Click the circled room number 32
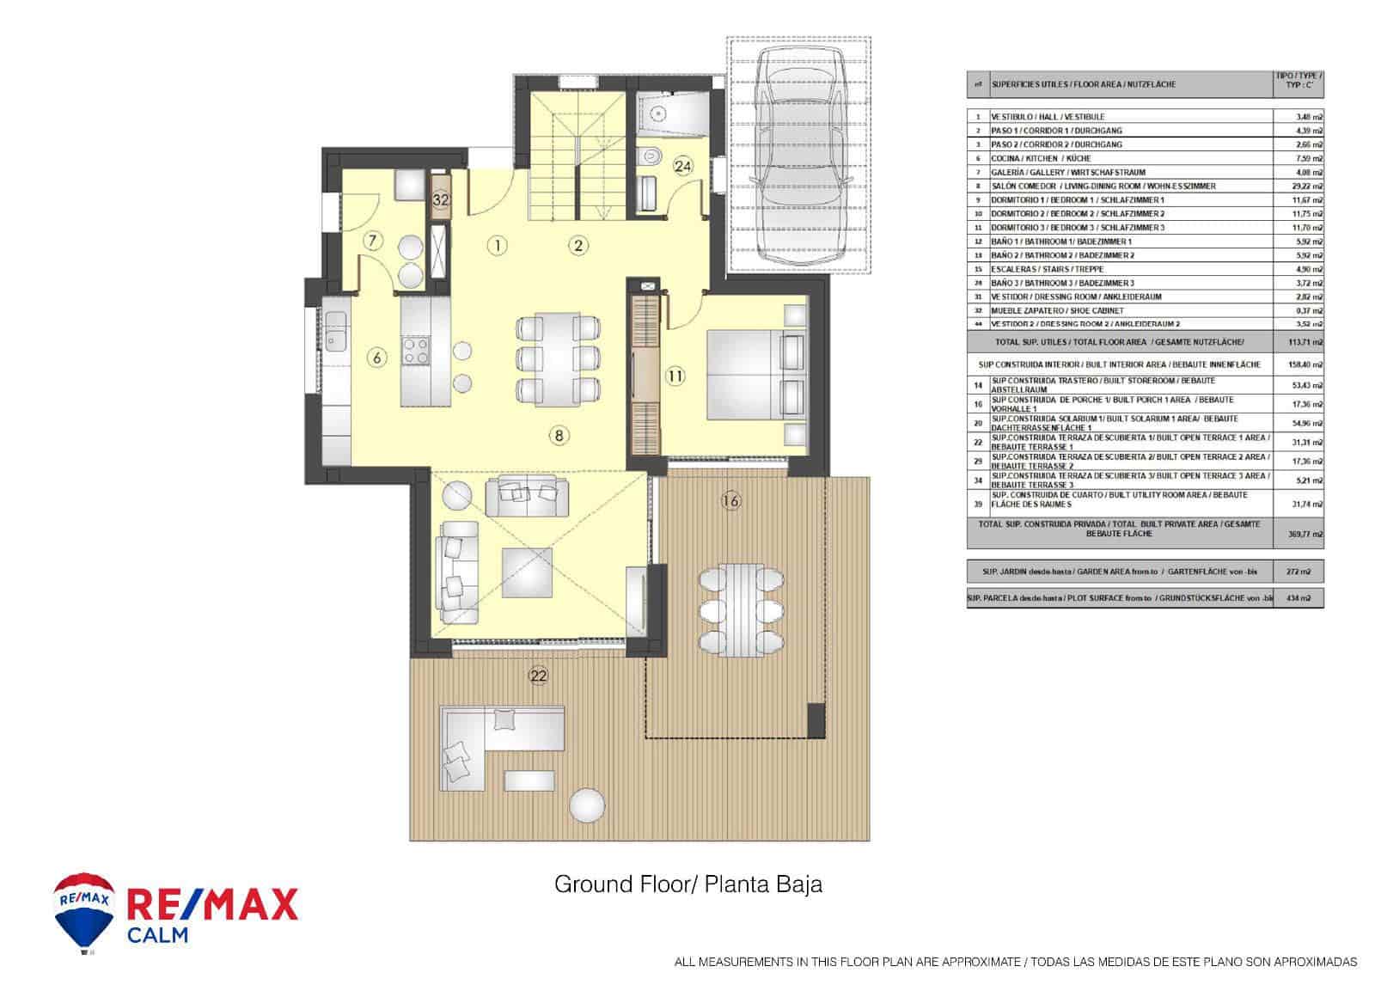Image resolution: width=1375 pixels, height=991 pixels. pyautogui.click(x=441, y=199)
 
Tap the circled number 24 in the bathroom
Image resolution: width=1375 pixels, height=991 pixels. pyautogui.click(x=683, y=167)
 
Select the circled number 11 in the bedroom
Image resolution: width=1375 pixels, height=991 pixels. pyautogui.click(x=675, y=375)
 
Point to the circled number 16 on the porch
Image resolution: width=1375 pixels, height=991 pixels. pyautogui.click(x=731, y=500)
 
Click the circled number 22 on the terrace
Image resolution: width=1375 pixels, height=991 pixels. pyautogui.click(x=538, y=676)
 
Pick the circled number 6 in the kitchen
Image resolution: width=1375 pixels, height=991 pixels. pyautogui.click(x=376, y=357)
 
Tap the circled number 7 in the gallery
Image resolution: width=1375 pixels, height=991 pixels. pyautogui.click(x=372, y=241)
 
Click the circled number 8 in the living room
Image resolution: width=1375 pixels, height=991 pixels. pyautogui.click(x=559, y=436)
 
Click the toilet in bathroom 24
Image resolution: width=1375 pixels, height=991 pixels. pyautogui.click(x=650, y=156)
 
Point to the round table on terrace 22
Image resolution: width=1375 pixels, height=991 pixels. pyautogui.click(x=589, y=804)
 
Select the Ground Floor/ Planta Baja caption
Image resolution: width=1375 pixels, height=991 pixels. pyautogui.click(x=687, y=884)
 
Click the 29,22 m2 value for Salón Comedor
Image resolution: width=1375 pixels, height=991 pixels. pyautogui.click(x=1309, y=186)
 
